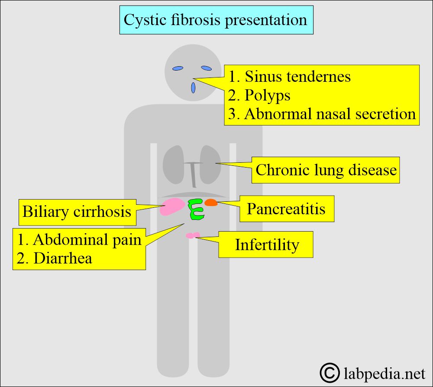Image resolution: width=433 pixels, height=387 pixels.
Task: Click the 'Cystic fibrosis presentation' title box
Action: click(216, 20)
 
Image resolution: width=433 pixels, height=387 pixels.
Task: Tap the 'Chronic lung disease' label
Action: click(326, 170)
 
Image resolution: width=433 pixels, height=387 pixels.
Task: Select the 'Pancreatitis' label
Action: click(287, 209)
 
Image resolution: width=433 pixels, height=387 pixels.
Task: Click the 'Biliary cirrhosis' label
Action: click(78, 212)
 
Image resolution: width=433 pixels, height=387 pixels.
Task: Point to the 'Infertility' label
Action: click(266, 245)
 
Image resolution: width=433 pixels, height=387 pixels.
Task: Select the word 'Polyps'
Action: click(267, 96)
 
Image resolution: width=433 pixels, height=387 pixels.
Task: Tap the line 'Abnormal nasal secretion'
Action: click(330, 114)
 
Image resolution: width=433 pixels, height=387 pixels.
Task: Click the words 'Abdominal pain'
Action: click(87, 239)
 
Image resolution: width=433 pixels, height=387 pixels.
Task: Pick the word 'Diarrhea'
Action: click(63, 258)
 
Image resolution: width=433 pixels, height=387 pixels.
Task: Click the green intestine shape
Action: click(196, 209)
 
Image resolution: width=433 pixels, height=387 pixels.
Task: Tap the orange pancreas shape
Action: click(211, 202)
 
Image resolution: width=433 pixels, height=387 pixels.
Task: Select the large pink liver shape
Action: click(172, 206)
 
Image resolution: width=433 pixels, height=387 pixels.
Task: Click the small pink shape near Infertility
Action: click(193, 235)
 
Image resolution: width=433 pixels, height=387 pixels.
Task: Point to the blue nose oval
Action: click(193, 88)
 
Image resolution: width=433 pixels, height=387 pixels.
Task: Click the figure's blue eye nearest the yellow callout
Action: click(206, 68)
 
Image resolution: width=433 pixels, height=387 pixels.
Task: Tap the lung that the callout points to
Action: click(210, 164)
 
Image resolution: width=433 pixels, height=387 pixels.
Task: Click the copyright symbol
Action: click(330, 373)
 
